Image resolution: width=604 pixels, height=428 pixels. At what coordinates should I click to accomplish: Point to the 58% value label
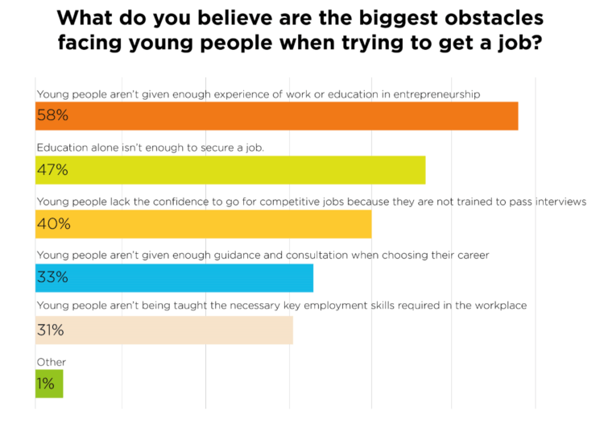pyautogui.click(x=52, y=115)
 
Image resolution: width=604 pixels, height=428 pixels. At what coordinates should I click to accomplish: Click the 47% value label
pyautogui.click(x=52, y=169)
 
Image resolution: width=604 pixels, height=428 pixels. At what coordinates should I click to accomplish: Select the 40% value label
pyautogui.click(x=53, y=223)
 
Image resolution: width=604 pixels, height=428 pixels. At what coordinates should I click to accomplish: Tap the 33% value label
pyautogui.click(x=52, y=277)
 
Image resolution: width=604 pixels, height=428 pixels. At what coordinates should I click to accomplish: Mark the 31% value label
pyautogui.click(x=52, y=330)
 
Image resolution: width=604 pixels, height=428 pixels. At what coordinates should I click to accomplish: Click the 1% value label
pyautogui.click(x=46, y=384)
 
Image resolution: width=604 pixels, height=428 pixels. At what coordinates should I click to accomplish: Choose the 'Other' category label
pyautogui.click(x=52, y=363)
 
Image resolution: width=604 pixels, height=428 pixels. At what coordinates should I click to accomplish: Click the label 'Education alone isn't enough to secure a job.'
pyautogui.click(x=151, y=148)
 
